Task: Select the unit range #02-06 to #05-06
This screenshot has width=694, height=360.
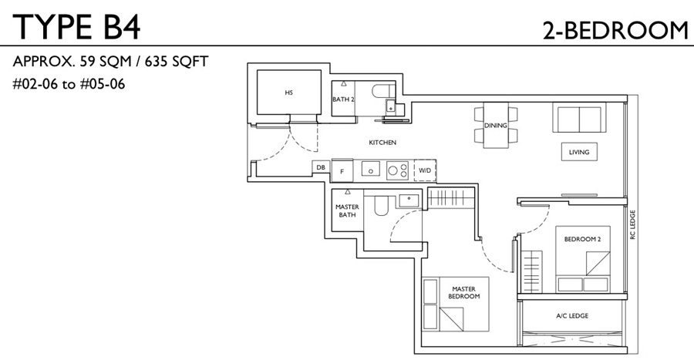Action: pos(69,83)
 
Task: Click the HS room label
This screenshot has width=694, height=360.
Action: pos(289,93)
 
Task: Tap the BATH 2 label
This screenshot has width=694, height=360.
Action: pos(343,99)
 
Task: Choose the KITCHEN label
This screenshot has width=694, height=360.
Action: pos(382,143)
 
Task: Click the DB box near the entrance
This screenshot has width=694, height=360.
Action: pos(321,167)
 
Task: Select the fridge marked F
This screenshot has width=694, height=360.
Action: pos(342,171)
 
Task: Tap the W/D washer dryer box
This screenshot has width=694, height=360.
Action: pos(425,170)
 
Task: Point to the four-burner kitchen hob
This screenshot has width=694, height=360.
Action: pos(397,170)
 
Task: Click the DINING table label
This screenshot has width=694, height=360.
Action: pos(495,126)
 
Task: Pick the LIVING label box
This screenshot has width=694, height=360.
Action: pos(579,152)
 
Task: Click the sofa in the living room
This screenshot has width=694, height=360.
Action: pos(579,117)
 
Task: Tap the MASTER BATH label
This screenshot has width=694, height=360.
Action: pos(347,211)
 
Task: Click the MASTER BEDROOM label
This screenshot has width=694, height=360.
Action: pos(464,293)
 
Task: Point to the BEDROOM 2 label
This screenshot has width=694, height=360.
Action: pos(582,239)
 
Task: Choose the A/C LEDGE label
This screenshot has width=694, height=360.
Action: pos(572,316)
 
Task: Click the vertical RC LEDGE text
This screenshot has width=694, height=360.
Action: pos(632,224)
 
